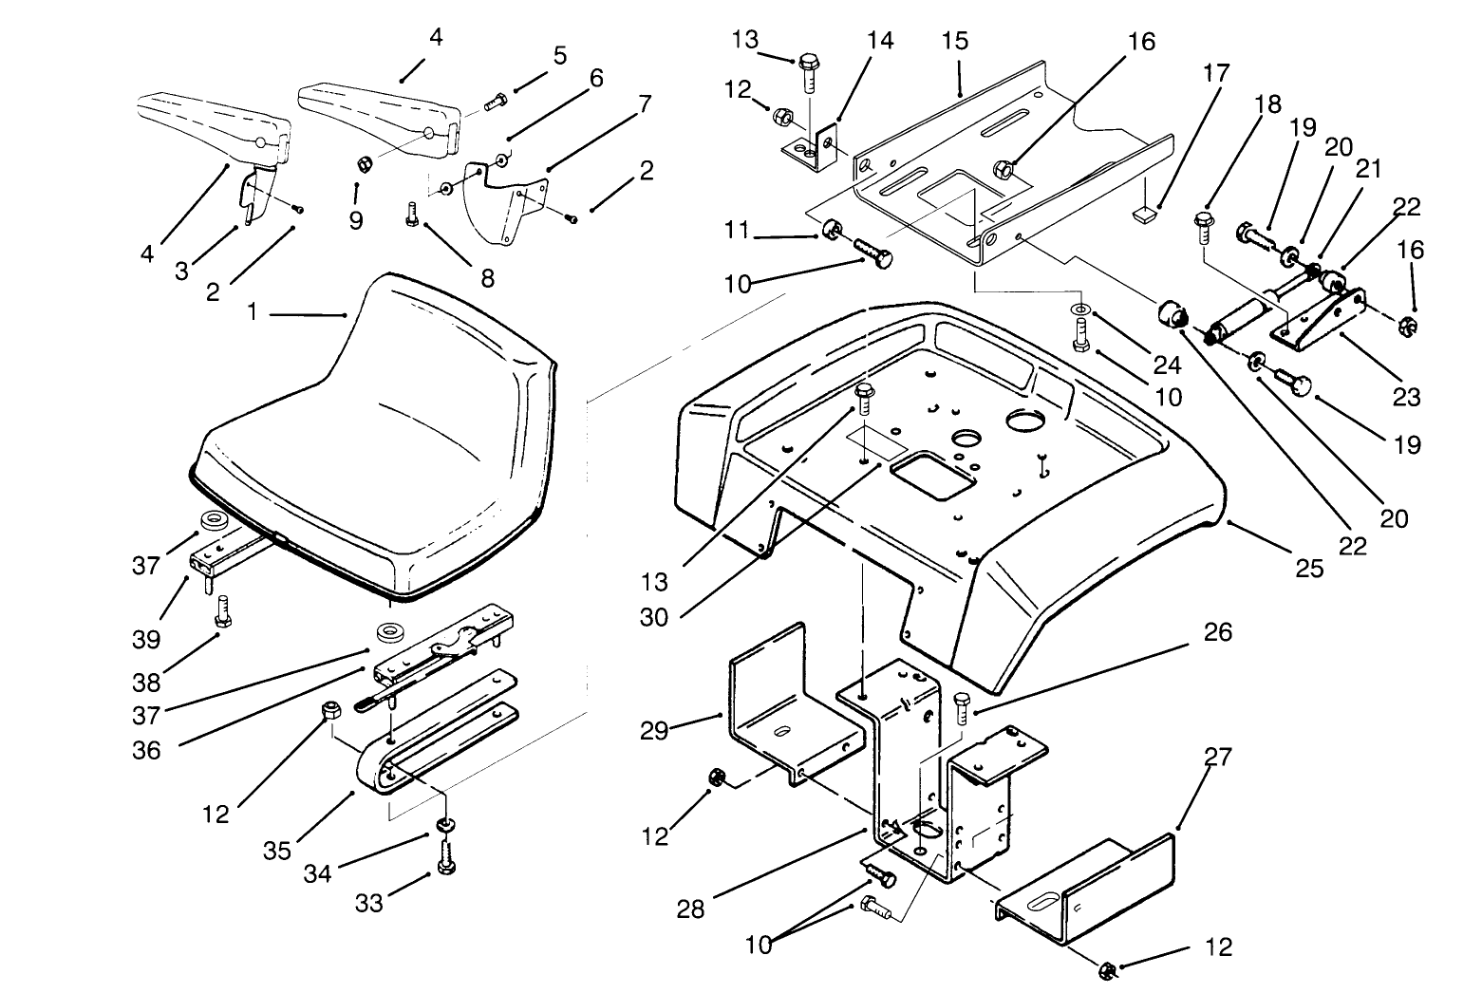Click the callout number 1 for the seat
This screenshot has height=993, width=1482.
point(253,311)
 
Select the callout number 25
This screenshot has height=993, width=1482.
point(1309,568)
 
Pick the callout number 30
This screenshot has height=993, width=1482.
point(654,617)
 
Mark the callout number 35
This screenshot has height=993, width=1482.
point(277,850)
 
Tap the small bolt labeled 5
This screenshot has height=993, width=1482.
point(495,102)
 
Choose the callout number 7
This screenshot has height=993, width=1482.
point(645,103)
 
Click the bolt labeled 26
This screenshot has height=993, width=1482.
point(962,709)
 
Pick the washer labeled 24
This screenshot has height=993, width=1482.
point(1082,310)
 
